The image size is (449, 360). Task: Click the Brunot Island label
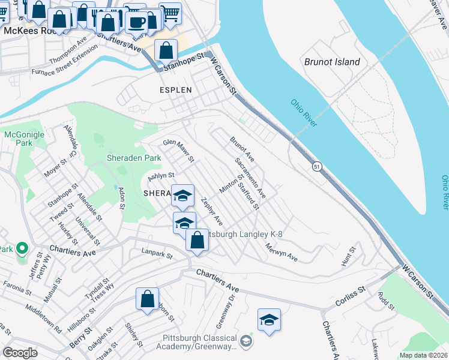(x=332, y=62)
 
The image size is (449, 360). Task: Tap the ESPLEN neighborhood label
(x=175, y=90)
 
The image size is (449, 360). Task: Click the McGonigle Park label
(x=24, y=139)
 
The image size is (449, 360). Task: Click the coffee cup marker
(x=137, y=23)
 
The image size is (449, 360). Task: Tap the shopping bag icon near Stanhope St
(x=166, y=51)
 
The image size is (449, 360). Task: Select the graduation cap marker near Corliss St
(x=270, y=320)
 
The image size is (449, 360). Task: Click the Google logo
(x=20, y=353)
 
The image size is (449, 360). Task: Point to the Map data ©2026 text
(x=423, y=355)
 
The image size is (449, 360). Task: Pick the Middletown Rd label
(x=43, y=319)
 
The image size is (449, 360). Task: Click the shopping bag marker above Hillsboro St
(x=147, y=299)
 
